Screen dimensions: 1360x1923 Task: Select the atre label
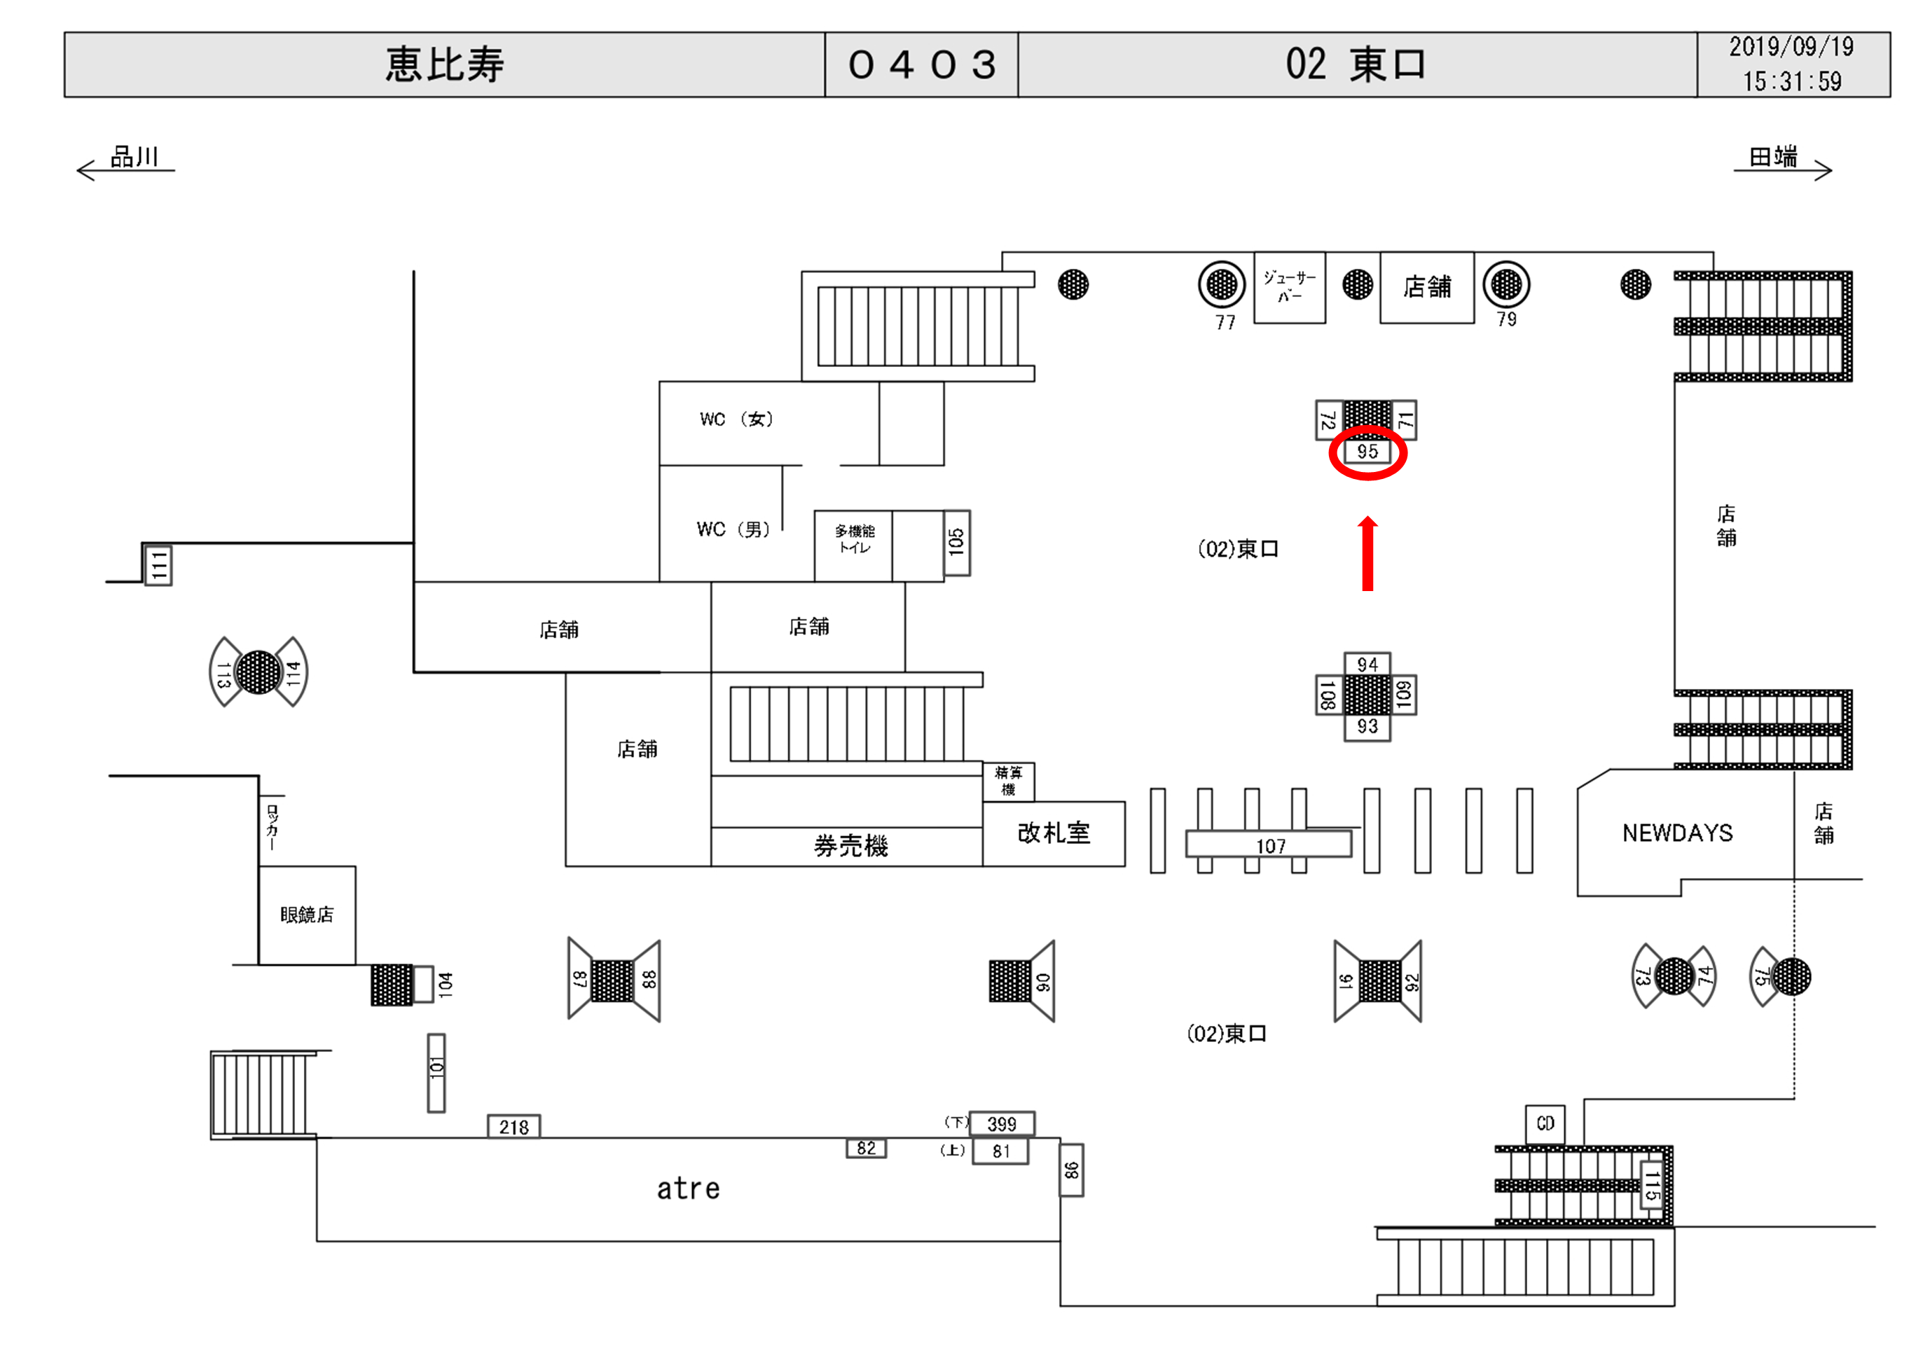pos(688,1188)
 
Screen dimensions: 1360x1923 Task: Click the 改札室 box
pos(1053,833)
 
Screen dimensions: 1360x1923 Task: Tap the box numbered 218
pos(514,1127)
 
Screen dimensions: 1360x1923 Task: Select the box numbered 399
pos(1002,1124)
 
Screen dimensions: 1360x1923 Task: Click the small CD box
pos(1545,1124)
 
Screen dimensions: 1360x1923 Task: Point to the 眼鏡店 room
pos(307,915)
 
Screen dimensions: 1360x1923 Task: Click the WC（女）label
pos(736,419)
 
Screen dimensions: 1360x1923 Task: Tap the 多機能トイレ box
pos(853,540)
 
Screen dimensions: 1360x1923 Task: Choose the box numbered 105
pos(956,543)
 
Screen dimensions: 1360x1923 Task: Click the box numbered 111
pos(158,565)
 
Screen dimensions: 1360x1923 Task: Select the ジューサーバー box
pos(1289,286)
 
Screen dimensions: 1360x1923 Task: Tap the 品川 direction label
pos(134,157)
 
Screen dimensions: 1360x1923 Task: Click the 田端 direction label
pos(1772,157)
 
